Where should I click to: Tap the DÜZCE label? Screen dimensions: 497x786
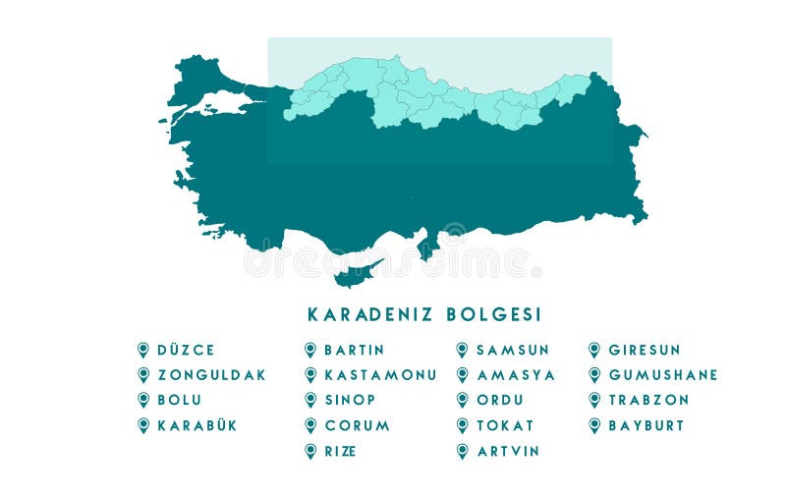click(186, 350)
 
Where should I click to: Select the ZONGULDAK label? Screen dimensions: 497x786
click(211, 375)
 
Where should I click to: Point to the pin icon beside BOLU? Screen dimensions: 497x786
click(143, 400)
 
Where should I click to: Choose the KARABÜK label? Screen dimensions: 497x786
click(197, 425)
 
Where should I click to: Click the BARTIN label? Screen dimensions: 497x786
click(354, 350)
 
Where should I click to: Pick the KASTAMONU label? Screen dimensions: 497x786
click(380, 375)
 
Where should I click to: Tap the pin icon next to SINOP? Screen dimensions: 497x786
click(310, 400)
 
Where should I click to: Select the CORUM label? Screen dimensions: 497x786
click(357, 425)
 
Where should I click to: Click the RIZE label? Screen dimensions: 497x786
click(340, 451)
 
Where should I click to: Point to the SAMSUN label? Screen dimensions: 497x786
click(513, 350)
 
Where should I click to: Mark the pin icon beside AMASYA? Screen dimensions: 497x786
click(462, 375)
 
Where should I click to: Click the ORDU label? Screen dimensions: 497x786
click(500, 400)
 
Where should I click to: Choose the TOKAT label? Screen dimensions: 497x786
click(505, 425)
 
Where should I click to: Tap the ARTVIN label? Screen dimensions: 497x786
click(509, 451)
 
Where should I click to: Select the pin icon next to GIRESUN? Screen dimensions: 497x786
click(594, 350)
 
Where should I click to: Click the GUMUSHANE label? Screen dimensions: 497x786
click(663, 375)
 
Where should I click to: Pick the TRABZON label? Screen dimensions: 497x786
click(648, 400)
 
